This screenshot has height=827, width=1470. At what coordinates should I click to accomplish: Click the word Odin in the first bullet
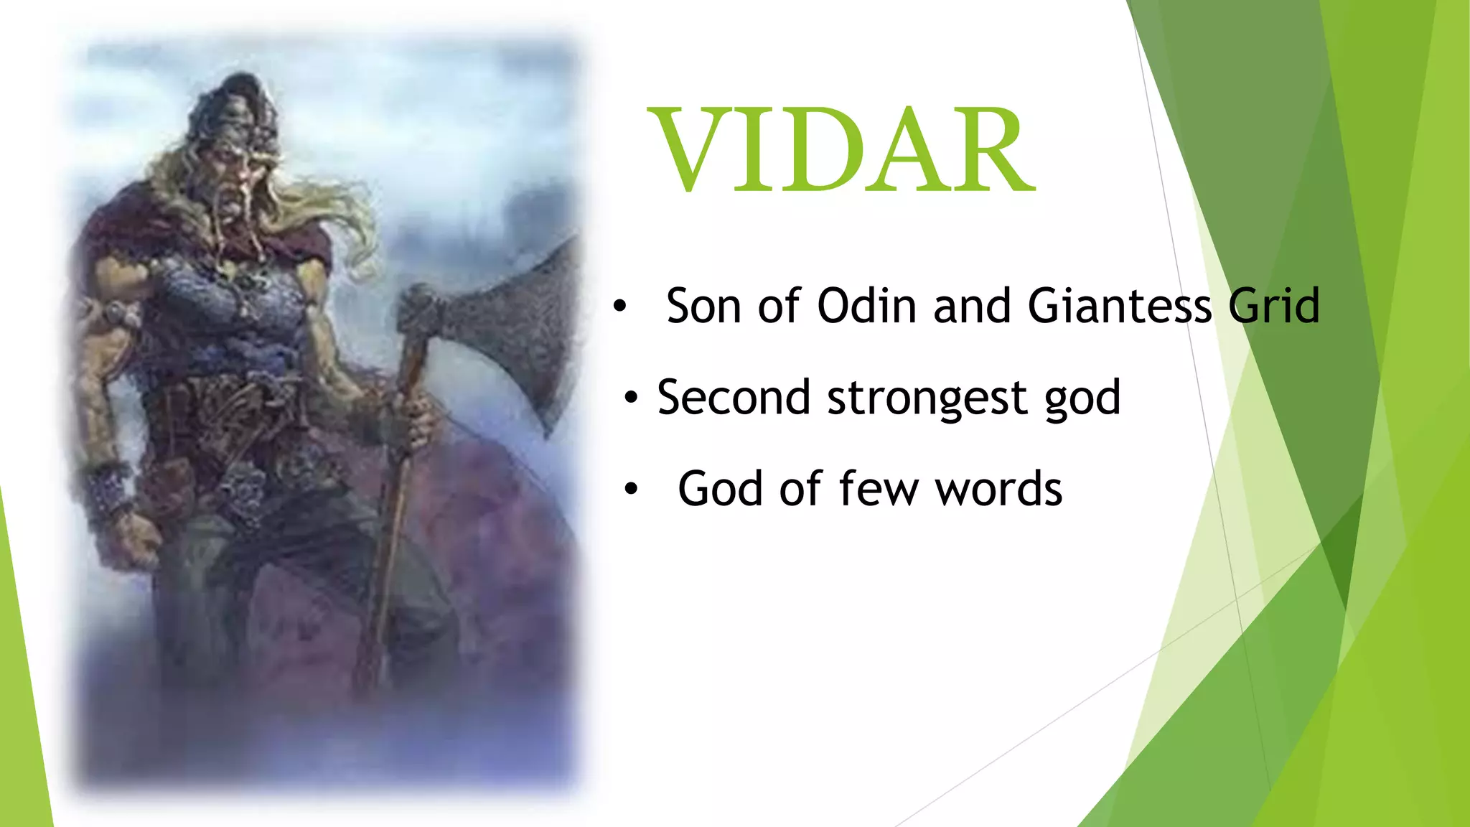(x=866, y=306)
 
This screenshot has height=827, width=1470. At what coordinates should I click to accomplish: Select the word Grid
(x=1273, y=306)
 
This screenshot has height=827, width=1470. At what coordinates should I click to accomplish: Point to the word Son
(x=703, y=306)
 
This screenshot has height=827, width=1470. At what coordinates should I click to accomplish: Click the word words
(x=998, y=489)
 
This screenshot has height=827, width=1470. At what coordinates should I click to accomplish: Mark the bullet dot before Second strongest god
(x=631, y=398)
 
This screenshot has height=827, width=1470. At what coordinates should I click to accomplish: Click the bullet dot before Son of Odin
(x=619, y=307)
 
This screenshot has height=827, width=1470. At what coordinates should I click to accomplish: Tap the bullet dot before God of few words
(x=631, y=490)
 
